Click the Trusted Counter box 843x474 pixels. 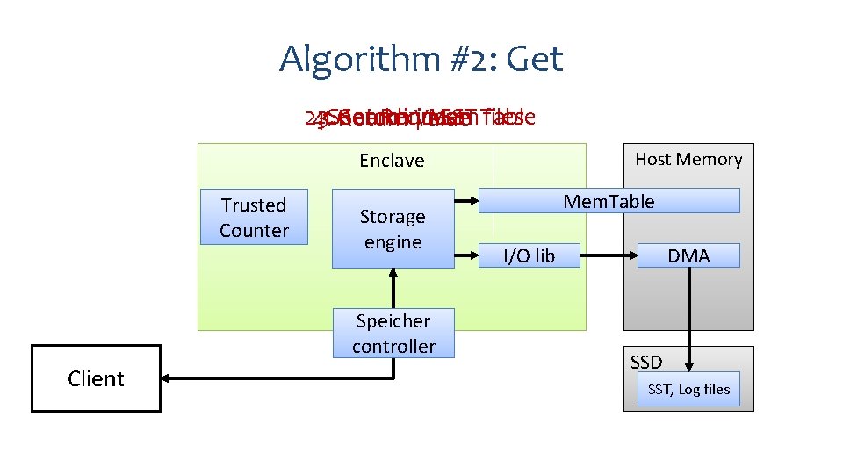[x=254, y=217]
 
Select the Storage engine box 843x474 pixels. [x=393, y=228]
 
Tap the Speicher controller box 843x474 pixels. [x=393, y=333]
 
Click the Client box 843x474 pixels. [x=96, y=378]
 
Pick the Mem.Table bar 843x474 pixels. [x=609, y=201]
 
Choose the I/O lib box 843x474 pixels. [x=529, y=255]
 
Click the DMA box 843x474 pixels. [x=688, y=255]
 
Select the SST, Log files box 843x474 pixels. [x=688, y=389]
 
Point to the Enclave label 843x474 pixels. [x=392, y=161]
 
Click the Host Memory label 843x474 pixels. [x=688, y=159]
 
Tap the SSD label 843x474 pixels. [x=646, y=362]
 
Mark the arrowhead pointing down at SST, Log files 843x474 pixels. [x=689, y=366]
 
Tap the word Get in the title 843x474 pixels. [x=535, y=60]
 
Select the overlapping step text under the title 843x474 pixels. [x=420, y=118]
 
